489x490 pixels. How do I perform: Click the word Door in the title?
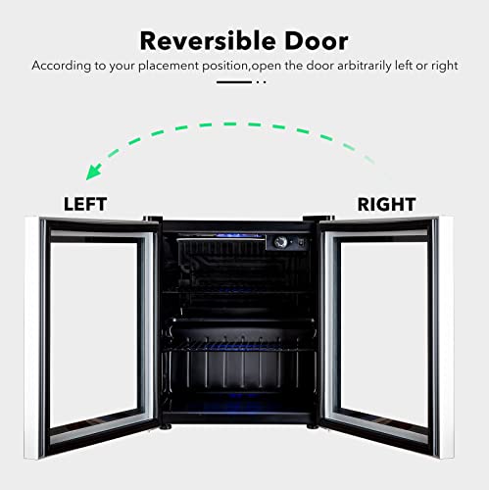click(317, 41)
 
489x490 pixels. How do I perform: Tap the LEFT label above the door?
click(85, 204)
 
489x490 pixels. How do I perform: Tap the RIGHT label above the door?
click(386, 204)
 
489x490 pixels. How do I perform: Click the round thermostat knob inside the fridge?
click(280, 242)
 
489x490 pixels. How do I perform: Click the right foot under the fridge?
click(313, 426)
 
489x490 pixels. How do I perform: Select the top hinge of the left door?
click(153, 219)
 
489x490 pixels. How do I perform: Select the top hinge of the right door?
click(318, 219)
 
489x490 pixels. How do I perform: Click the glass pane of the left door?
click(94, 334)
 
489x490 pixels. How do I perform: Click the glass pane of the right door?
click(384, 334)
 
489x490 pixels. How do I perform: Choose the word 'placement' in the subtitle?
click(169, 66)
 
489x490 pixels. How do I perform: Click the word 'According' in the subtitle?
click(62, 66)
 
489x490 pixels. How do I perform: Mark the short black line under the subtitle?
click(234, 82)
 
